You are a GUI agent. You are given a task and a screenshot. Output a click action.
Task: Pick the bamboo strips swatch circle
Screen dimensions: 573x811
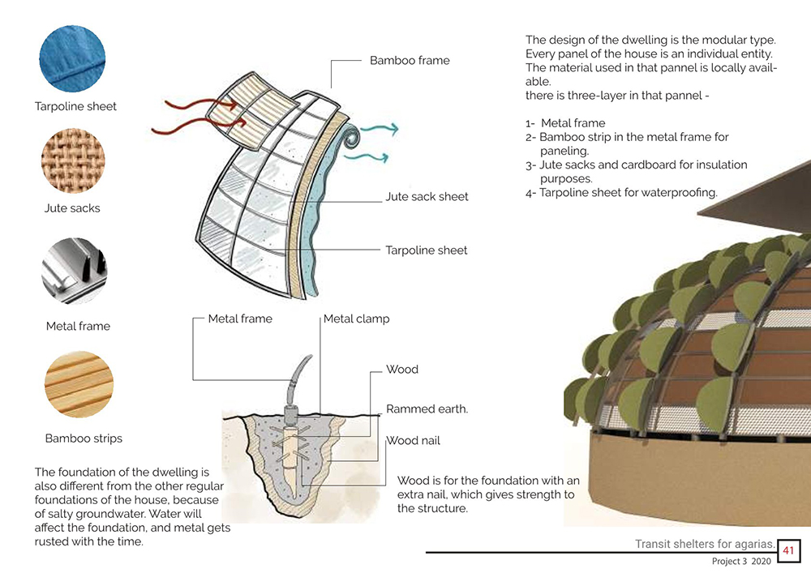(79, 384)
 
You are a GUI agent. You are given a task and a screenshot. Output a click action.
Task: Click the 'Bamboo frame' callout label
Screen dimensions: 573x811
(410, 60)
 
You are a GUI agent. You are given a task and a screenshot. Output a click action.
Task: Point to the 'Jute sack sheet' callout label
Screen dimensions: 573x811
(427, 196)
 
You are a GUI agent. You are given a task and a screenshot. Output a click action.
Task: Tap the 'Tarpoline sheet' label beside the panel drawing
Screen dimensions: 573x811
(427, 250)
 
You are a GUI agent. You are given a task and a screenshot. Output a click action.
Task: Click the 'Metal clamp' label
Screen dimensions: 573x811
(356, 319)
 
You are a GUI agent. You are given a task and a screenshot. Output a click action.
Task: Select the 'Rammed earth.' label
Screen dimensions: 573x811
(427, 409)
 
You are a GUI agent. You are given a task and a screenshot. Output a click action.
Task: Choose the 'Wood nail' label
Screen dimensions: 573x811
(413, 441)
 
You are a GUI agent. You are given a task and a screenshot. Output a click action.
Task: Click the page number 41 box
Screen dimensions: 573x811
(788, 551)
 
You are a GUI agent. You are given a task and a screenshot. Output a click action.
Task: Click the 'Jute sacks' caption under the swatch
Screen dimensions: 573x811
(72, 208)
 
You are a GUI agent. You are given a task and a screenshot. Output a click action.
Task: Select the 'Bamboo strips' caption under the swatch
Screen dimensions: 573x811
(84, 438)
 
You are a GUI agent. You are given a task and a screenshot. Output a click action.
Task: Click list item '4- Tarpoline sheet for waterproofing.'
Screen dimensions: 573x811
(621, 193)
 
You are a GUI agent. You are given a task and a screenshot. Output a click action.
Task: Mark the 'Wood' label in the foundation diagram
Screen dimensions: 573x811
(402, 370)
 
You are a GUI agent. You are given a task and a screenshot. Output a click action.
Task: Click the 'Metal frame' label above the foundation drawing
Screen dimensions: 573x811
(240, 319)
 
